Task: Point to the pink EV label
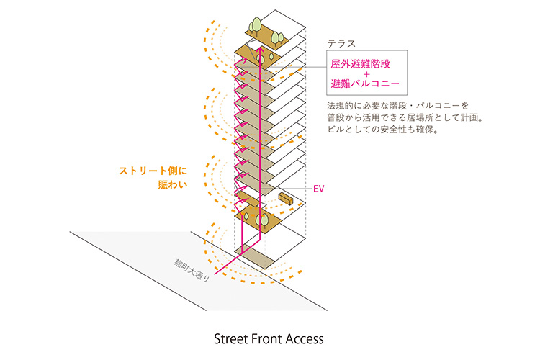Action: click(x=320, y=189)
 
